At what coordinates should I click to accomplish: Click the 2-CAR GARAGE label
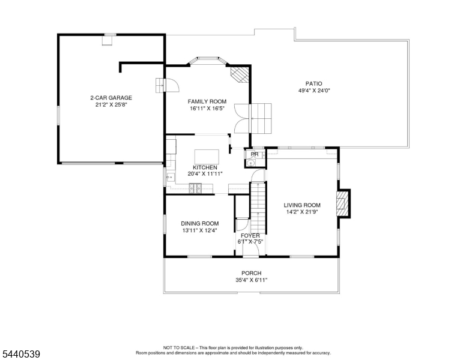tap(111, 98)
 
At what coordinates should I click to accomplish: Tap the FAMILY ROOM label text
tap(207, 101)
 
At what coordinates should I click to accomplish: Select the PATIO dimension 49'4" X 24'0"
tap(314, 91)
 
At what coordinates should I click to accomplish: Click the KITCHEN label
tap(205, 167)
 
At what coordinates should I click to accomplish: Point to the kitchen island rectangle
tap(207, 157)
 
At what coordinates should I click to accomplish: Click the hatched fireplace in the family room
tap(240, 74)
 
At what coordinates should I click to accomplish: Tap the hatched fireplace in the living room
tap(340, 203)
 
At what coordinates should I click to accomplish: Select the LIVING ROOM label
tap(302, 205)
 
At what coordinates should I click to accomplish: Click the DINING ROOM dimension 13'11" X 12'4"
tap(200, 230)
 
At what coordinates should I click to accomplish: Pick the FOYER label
tap(250, 236)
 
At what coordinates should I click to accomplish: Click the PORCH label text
tap(252, 273)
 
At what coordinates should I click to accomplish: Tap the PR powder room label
tap(255, 154)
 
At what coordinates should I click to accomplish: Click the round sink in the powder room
tap(251, 163)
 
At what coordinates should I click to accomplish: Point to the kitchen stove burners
tap(195, 188)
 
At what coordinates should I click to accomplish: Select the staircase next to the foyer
tap(258, 208)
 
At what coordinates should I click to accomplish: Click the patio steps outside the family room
tap(262, 118)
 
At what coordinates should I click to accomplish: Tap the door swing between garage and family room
tap(172, 85)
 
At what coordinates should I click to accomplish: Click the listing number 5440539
tap(21, 354)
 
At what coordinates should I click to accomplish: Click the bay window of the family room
tap(208, 60)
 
